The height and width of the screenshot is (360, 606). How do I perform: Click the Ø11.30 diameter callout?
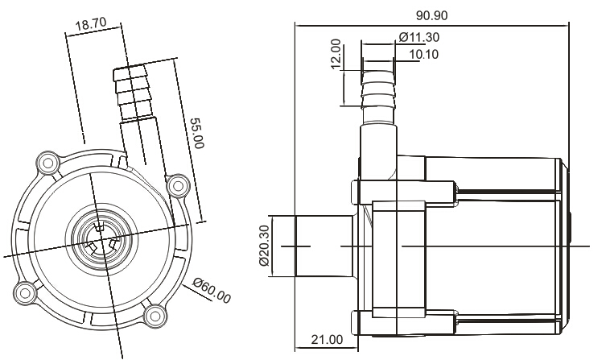tap(419, 37)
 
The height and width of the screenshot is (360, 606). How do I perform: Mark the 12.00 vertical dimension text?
tap(336, 54)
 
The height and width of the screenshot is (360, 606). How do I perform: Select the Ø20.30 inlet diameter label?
tap(263, 246)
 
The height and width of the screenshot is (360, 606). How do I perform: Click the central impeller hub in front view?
tap(101, 239)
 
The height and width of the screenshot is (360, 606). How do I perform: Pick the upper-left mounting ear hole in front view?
tap(47, 165)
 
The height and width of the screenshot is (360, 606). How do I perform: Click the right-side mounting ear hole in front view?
tap(177, 186)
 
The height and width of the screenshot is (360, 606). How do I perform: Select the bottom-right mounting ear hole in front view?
tap(154, 314)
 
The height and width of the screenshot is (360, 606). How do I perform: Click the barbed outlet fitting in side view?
tap(377, 93)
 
